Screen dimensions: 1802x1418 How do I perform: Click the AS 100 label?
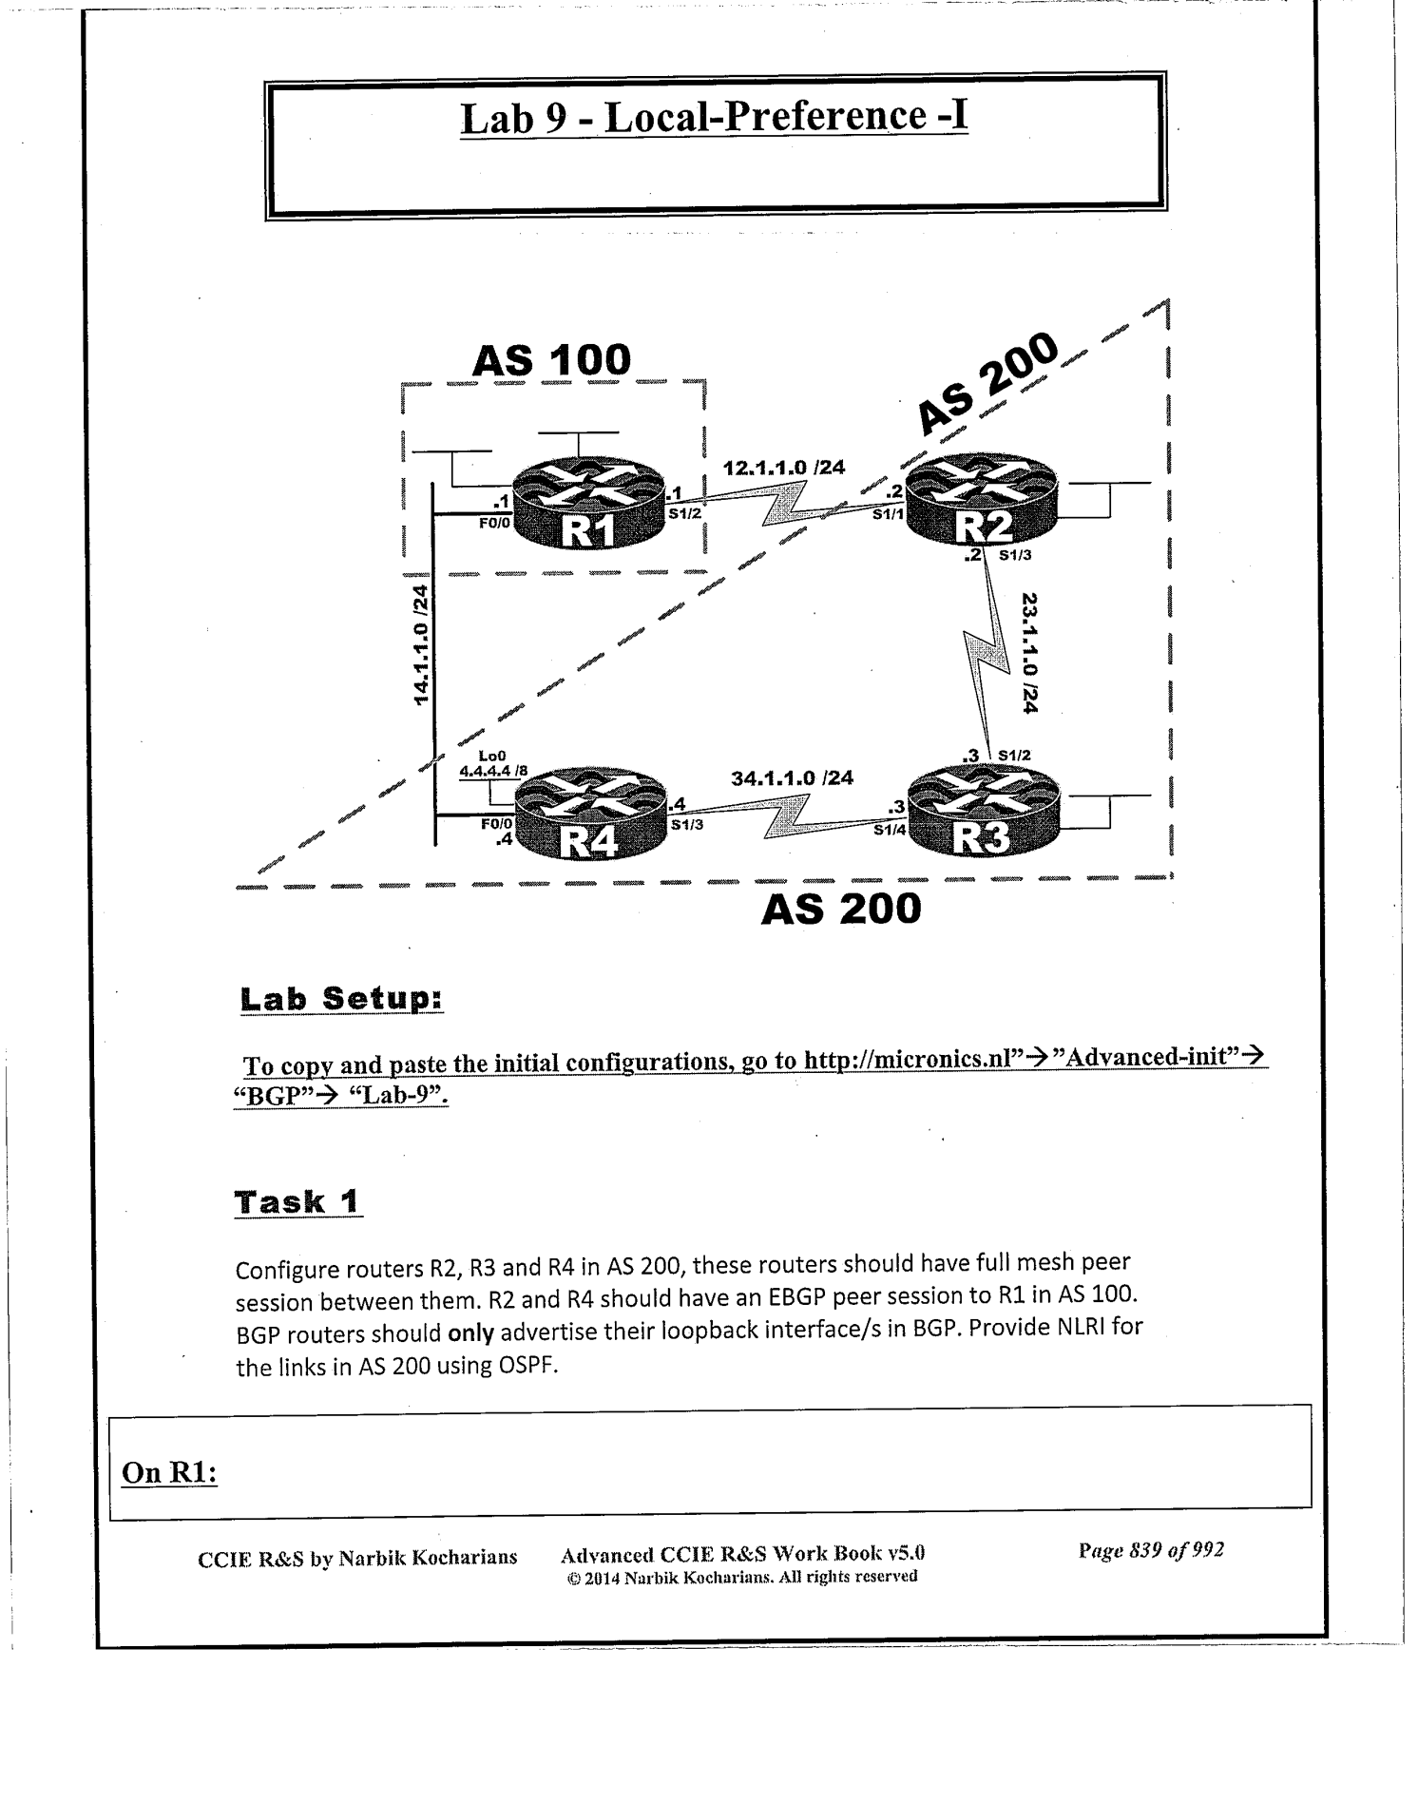pyautogui.click(x=551, y=360)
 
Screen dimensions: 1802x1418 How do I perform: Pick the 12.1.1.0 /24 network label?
pyautogui.click(x=783, y=468)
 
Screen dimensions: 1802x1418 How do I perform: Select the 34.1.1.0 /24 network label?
pyautogui.click(x=792, y=778)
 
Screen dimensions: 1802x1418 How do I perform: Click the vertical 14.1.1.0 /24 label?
pyautogui.click(x=421, y=644)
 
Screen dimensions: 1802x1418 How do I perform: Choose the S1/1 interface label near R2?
pyautogui.click(x=888, y=515)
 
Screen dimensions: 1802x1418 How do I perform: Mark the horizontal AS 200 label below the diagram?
pyautogui.click(x=841, y=910)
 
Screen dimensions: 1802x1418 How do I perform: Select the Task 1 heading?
pyautogui.click(x=297, y=1202)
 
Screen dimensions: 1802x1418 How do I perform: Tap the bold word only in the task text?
pyautogui.click(x=470, y=1333)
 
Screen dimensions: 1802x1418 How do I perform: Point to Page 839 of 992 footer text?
pyautogui.click(x=1151, y=1550)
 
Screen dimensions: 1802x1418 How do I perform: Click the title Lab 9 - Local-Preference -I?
pyautogui.click(x=714, y=118)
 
